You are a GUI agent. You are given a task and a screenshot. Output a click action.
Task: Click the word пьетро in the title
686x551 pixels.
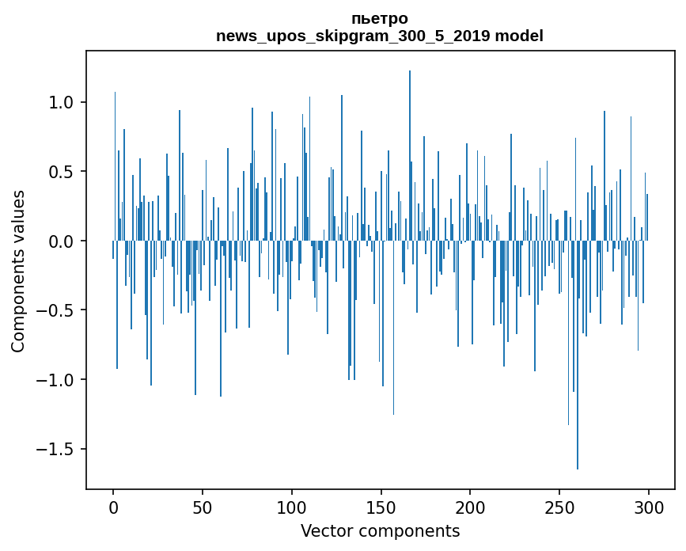click(380, 19)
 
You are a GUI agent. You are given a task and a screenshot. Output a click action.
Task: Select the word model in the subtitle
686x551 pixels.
click(522, 36)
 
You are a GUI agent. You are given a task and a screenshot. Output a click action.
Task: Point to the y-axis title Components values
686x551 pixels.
click(18, 271)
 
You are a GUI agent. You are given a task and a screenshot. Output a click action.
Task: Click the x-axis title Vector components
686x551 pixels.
click(380, 530)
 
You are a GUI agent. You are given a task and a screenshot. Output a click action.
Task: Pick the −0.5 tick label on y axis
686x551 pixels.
click(55, 310)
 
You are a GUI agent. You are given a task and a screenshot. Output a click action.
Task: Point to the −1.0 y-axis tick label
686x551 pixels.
click(55, 380)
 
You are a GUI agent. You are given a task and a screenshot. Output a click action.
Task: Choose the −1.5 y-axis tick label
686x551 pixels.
click(55, 450)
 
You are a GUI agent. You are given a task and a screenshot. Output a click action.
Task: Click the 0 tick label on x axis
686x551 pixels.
click(113, 507)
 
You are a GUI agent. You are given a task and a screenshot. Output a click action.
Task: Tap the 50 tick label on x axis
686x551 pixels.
click(203, 507)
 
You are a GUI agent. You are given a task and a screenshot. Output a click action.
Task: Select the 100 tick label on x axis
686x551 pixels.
click(292, 507)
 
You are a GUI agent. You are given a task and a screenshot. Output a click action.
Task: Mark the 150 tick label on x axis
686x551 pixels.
click(381, 507)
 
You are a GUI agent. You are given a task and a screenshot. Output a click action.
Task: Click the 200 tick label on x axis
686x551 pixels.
click(470, 507)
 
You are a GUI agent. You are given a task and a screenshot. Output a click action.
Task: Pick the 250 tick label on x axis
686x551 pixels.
click(559, 507)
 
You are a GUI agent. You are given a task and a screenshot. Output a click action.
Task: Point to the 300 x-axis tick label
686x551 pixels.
click(649, 507)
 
